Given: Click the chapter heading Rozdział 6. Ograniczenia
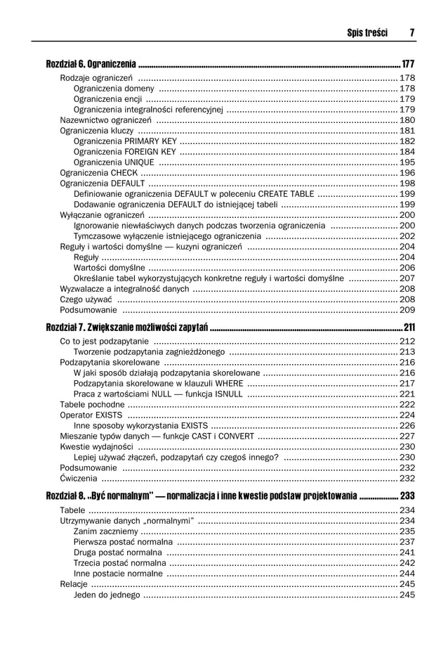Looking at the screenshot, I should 91,64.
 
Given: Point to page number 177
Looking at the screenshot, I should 408,64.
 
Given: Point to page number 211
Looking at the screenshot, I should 409,328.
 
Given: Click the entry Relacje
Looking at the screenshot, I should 74,584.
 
